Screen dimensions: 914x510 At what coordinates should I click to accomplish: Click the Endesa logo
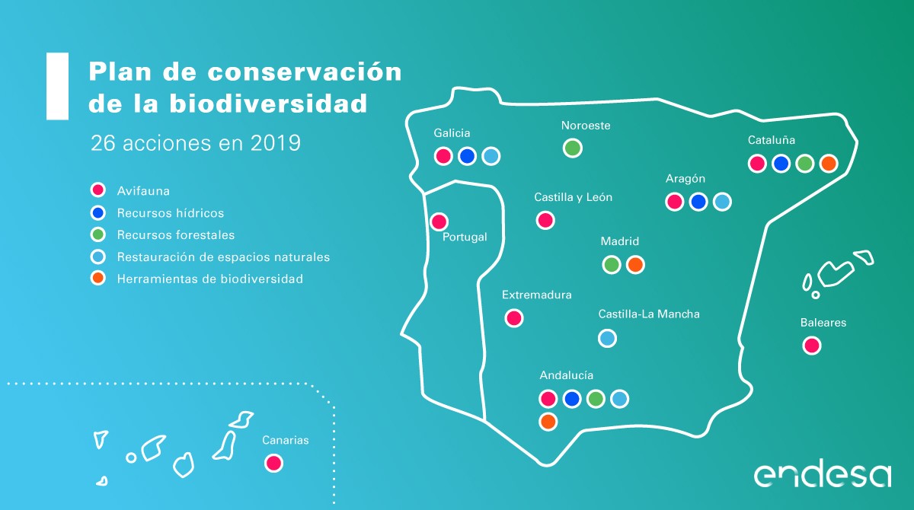coord(822,475)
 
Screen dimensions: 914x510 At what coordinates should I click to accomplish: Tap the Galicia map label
coord(452,133)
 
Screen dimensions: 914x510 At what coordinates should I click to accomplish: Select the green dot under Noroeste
coord(573,148)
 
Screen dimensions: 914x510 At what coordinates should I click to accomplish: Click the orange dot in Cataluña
coord(829,164)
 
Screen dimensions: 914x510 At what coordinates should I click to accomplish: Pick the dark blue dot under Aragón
coord(698,202)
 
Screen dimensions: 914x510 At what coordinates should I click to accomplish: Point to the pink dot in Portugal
coord(439,222)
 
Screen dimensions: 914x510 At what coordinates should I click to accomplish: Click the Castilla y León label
coord(573,197)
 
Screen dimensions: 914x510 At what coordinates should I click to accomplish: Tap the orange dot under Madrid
coord(635,265)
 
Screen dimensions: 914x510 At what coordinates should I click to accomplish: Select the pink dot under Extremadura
coord(513,318)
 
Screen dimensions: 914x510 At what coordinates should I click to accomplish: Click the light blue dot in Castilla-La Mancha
coord(607,339)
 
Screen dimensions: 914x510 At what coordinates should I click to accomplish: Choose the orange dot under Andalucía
coord(548,422)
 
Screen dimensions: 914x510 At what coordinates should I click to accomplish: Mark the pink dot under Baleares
coord(812,346)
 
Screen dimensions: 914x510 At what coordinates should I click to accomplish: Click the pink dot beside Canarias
coord(273,463)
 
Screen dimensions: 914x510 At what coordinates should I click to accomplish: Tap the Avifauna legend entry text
coord(143,191)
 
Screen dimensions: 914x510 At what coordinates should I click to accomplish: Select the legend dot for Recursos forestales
coord(98,234)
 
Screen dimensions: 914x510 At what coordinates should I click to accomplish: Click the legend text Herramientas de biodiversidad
coord(210,279)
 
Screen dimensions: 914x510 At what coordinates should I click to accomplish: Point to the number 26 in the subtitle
coord(102,143)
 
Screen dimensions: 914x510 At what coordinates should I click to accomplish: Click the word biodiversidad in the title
coord(268,104)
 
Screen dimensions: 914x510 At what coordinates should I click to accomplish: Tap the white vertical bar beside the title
coord(58,86)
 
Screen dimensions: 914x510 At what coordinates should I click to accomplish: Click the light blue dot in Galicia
coord(491,156)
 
